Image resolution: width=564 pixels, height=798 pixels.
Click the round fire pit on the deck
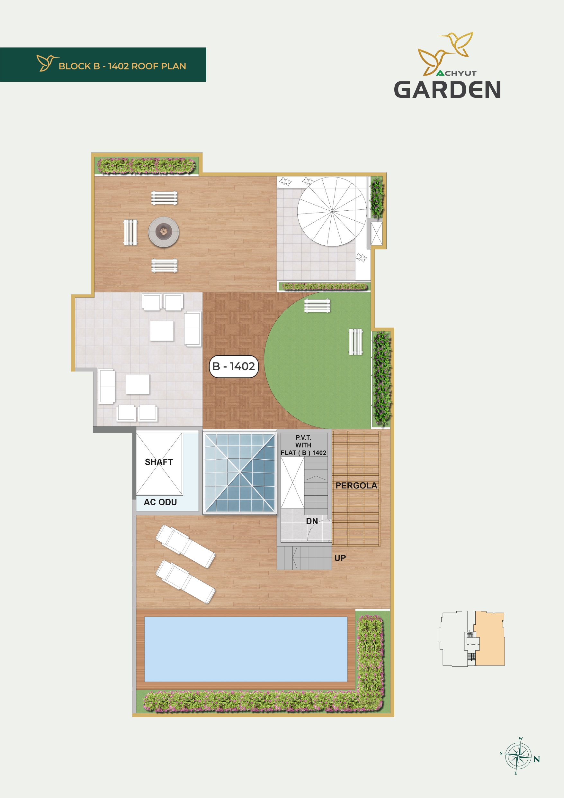164,232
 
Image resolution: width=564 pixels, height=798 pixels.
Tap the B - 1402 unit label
234,366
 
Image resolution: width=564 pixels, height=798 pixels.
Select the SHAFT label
159,462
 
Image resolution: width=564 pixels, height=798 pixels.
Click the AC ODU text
160,502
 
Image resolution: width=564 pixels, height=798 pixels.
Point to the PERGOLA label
356,486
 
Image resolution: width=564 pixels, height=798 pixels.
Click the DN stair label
312,521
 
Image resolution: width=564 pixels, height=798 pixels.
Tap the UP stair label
340,558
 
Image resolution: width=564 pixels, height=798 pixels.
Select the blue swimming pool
246,649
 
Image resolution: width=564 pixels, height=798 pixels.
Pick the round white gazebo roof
332,211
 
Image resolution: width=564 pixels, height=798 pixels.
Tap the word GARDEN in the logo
447,90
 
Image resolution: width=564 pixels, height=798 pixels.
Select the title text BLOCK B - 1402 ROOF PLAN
122,66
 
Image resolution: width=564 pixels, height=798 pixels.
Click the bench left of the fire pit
130,233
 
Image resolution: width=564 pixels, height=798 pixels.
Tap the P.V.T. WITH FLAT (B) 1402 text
304,445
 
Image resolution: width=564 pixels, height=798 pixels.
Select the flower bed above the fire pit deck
146,165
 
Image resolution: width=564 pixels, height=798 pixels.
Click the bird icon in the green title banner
47,63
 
